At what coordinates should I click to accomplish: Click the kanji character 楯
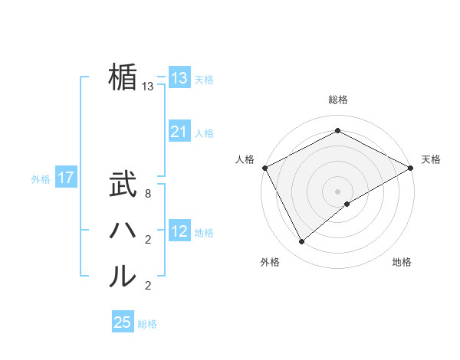coord(123,77)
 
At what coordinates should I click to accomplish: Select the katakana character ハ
coord(123,230)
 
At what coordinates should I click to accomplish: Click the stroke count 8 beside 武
coord(148,195)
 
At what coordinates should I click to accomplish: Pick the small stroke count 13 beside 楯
coord(148,87)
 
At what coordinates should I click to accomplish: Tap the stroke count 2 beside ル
coord(148,286)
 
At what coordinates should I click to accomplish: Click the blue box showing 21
coord(179,133)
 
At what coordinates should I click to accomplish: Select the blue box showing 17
coord(66,178)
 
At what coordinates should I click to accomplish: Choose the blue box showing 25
coord(123,322)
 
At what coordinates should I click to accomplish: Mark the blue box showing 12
coord(179,232)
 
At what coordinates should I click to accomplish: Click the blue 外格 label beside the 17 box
coord(41,179)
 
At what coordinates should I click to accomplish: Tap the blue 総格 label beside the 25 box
coord(147,324)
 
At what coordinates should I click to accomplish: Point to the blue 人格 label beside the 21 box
coord(204,133)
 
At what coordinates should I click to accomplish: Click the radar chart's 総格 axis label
coord(338,100)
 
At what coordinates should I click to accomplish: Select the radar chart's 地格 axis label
coord(402,262)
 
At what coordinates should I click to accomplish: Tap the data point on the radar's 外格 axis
coord(302,241)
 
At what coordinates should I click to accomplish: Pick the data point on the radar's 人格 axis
coord(264,167)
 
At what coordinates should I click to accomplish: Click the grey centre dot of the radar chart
coord(338,191)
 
